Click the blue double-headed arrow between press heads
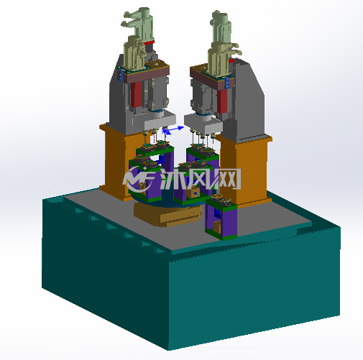tap(175, 129)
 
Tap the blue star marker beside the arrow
tap(165, 131)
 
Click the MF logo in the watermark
tap(139, 177)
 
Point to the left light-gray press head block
tap(160, 121)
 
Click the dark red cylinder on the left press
tap(136, 94)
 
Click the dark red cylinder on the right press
tap(222, 101)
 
